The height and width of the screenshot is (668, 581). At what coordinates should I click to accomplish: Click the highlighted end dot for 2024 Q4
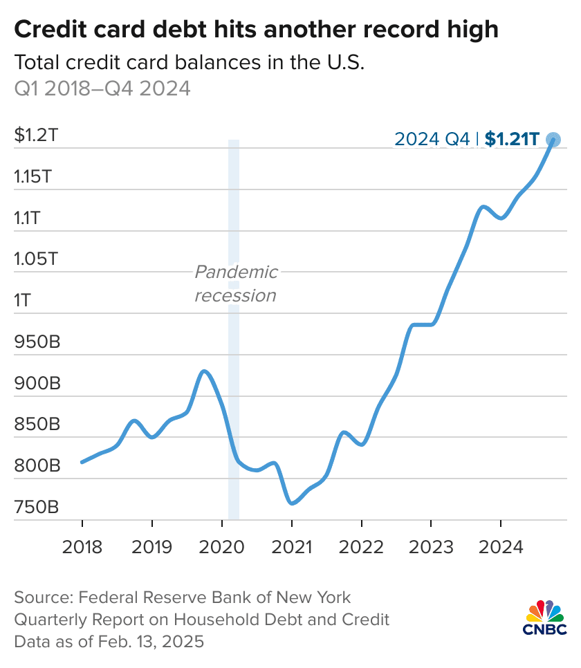tap(553, 140)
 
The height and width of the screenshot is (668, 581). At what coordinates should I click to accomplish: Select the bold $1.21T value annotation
tap(511, 139)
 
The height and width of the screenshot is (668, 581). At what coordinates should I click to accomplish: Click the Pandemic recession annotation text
tap(236, 284)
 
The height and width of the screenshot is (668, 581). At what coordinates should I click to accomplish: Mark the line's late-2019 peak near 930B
tap(203, 371)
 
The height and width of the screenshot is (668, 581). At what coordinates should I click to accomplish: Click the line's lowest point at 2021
tap(293, 503)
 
